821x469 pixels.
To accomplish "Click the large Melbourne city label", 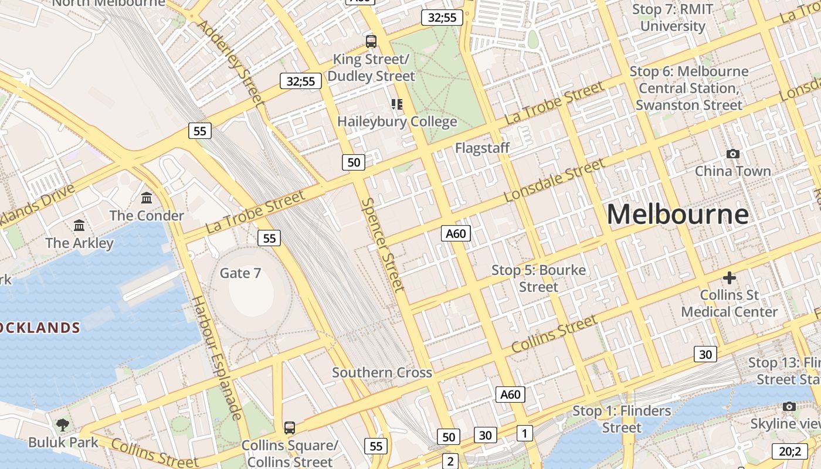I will click(677, 214).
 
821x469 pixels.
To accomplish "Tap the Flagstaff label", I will click(482, 148).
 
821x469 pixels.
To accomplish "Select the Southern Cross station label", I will click(382, 373).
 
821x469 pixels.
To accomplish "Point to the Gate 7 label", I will click(240, 273).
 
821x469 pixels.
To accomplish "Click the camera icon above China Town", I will click(732, 154).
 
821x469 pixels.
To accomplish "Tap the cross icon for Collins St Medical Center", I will click(730, 277).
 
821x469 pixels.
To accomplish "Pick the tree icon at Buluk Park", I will click(63, 424).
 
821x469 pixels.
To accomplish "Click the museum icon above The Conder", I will click(147, 198).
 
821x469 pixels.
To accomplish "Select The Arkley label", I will click(79, 243).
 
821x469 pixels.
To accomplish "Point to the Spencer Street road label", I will click(383, 244).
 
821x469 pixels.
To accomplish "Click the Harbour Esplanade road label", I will click(217, 358).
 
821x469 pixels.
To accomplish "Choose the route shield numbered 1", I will click(524, 433).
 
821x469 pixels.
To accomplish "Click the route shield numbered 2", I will click(450, 461).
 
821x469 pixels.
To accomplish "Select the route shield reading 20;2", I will click(789, 451).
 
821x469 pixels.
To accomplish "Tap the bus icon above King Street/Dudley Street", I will click(371, 42).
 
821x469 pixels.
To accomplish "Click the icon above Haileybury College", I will click(397, 104).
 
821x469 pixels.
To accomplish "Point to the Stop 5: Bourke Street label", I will click(538, 278).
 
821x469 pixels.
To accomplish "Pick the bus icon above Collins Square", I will click(290, 428).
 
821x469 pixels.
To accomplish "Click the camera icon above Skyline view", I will click(789, 406).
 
